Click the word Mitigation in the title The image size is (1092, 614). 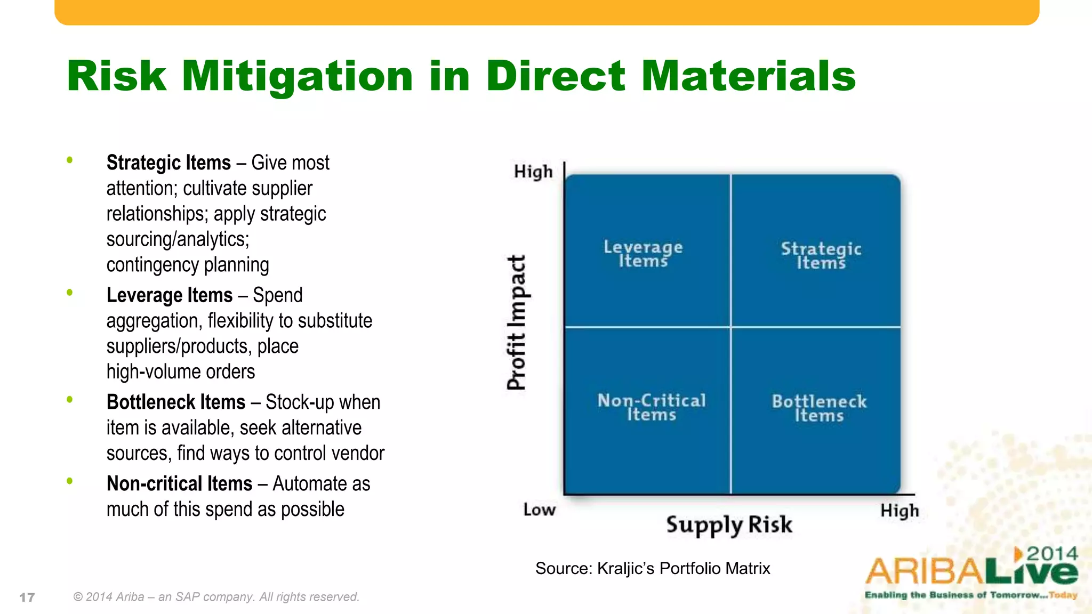click(298, 76)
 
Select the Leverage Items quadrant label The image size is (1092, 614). click(643, 254)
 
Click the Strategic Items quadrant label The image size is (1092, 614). click(821, 255)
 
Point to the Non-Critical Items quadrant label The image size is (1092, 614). click(651, 407)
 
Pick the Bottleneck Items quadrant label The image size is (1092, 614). click(819, 408)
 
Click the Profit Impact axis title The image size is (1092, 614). click(516, 322)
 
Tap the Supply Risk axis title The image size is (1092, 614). click(729, 525)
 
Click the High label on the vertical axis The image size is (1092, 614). click(533, 172)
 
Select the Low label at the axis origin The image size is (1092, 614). click(539, 510)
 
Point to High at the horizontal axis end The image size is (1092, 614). click(900, 511)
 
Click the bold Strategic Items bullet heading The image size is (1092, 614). click(168, 163)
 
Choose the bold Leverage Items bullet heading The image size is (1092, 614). click(170, 295)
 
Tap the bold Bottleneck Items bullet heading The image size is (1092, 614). click(176, 402)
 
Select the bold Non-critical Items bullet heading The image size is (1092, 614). click(179, 484)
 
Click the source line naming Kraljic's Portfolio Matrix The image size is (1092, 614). click(653, 568)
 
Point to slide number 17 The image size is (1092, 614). click(27, 597)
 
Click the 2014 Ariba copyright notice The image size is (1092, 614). click(216, 597)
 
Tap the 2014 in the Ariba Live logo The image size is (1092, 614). click(1052, 554)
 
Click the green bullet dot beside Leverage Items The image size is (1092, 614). click(69, 292)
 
